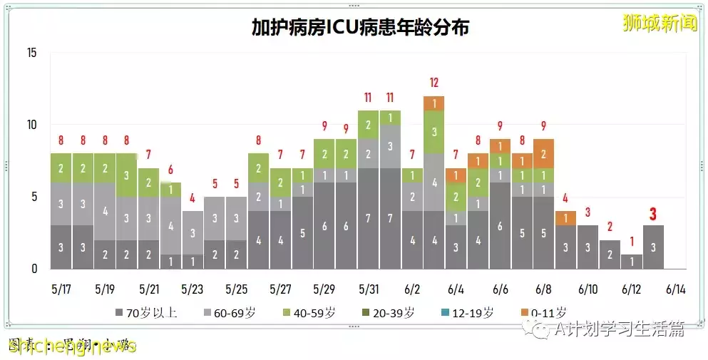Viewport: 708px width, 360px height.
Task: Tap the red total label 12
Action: click(x=433, y=82)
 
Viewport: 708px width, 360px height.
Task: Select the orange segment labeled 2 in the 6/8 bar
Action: click(x=543, y=153)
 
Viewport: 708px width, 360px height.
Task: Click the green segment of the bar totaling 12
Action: click(x=433, y=132)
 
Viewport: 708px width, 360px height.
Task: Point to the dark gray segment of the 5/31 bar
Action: click(x=368, y=218)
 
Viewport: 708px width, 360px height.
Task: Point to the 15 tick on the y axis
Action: click(x=31, y=52)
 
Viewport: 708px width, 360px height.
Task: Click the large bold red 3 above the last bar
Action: click(x=653, y=214)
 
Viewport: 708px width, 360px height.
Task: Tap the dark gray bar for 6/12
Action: click(x=631, y=262)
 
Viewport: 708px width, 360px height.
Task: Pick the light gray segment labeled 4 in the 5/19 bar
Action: click(x=105, y=211)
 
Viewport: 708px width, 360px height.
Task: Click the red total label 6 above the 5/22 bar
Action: click(x=170, y=170)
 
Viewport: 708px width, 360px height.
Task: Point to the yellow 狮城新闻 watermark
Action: click(x=660, y=22)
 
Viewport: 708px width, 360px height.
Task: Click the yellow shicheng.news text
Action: click(x=71, y=346)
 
